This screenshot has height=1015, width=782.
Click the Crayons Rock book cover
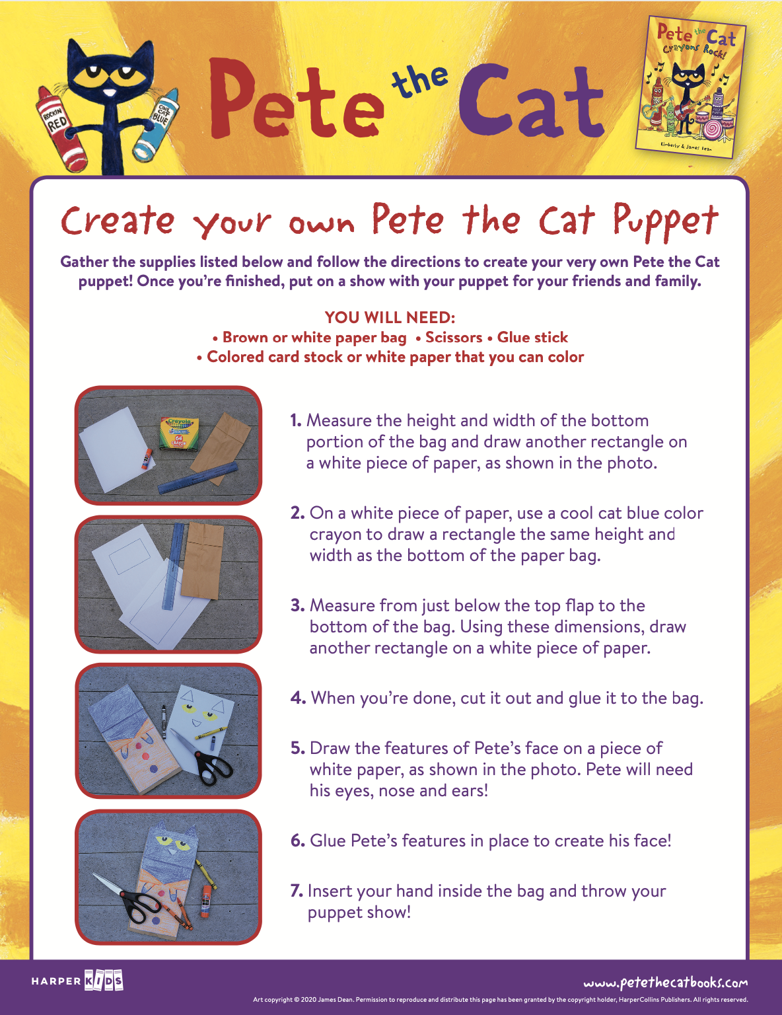(x=690, y=87)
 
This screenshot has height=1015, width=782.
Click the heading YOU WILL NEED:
(x=390, y=317)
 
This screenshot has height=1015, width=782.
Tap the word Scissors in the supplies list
(x=453, y=338)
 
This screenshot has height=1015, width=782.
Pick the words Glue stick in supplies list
(x=532, y=338)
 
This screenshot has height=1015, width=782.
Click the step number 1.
(x=295, y=421)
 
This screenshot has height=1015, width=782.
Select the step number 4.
(x=298, y=698)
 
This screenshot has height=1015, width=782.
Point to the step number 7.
(x=297, y=891)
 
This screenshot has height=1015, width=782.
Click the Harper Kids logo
(x=77, y=981)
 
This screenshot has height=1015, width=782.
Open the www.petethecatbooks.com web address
(x=665, y=983)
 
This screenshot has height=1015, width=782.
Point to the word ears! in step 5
(x=469, y=791)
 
